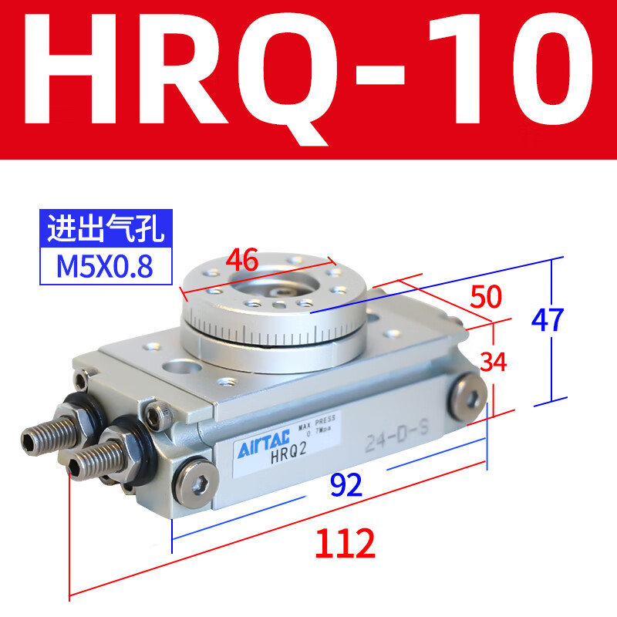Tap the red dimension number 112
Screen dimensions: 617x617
point(345,544)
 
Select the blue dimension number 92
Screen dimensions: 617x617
point(346,484)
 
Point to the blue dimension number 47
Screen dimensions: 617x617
point(548,319)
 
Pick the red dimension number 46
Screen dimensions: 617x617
point(241,260)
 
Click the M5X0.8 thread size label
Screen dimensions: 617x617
point(104,266)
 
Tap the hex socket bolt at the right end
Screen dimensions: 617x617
point(467,395)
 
